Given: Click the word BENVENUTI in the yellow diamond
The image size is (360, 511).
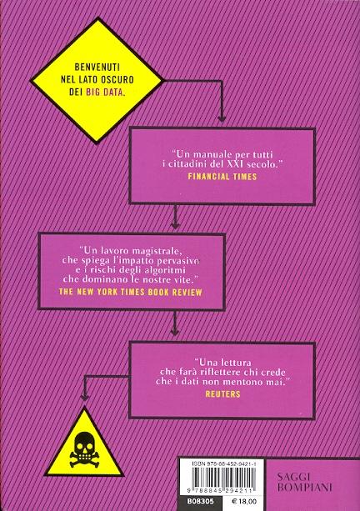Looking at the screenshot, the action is [x=97, y=68].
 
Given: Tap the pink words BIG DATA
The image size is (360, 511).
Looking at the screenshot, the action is [x=105, y=92].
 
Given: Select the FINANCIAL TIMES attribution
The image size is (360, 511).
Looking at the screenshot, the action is [x=222, y=177].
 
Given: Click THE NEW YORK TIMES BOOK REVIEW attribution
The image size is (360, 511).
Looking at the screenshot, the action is [x=131, y=292].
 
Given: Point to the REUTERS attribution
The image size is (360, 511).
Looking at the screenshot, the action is [x=222, y=394].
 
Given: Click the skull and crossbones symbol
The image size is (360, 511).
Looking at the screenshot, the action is [x=84, y=450].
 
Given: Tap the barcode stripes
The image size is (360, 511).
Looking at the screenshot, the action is [x=222, y=478].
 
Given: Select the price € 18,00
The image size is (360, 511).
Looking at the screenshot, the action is [x=243, y=502].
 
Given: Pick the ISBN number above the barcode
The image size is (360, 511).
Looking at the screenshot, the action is [x=223, y=463].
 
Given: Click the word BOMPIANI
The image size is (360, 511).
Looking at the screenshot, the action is [x=305, y=488].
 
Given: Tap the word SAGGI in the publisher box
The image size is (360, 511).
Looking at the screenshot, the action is [x=293, y=477].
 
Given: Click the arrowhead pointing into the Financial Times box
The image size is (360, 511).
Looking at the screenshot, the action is [x=222, y=119].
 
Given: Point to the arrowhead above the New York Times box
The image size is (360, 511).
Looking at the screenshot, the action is [x=175, y=225].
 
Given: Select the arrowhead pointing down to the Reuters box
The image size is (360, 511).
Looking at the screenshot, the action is [x=175, y=332].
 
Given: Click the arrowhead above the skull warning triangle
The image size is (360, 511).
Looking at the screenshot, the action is [x=85, y=398].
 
